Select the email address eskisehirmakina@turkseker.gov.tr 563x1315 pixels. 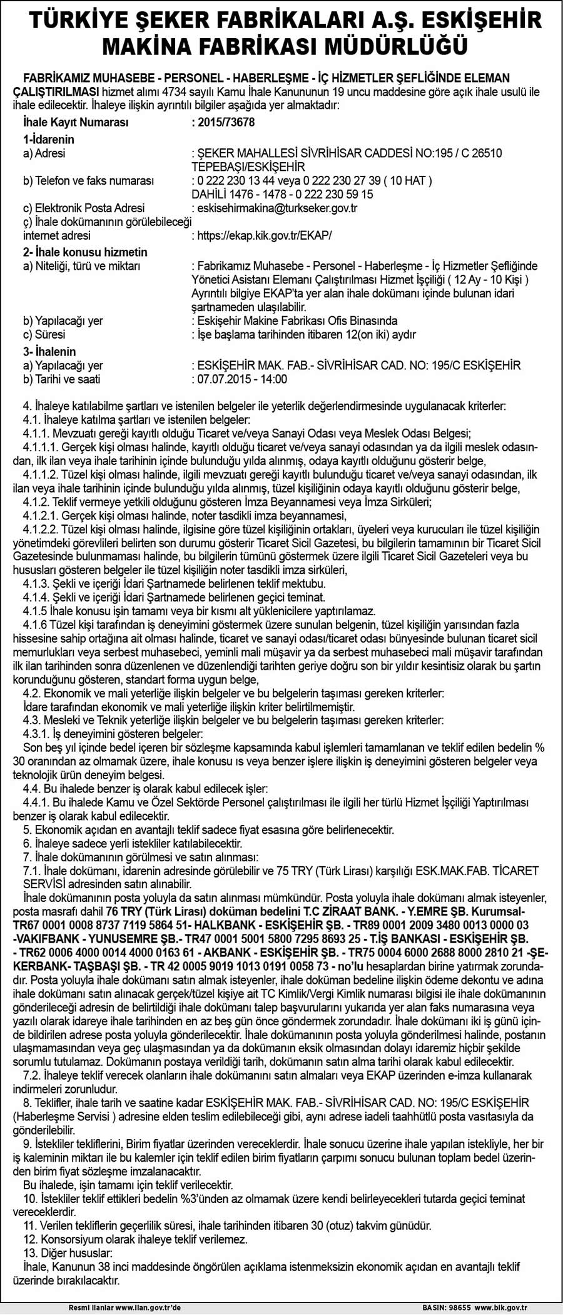pos(277,208)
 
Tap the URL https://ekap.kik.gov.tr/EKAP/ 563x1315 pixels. pos(265,235)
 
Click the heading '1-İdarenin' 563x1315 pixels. pos(49,140)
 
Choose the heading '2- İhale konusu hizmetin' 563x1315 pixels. pos(85,252)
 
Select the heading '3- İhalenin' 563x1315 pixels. pos(49,352)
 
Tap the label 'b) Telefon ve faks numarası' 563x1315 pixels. pos(88,181)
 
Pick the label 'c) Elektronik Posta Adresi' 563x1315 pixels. pos(84,208)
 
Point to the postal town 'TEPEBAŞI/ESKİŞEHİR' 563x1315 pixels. pos(248,167)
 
